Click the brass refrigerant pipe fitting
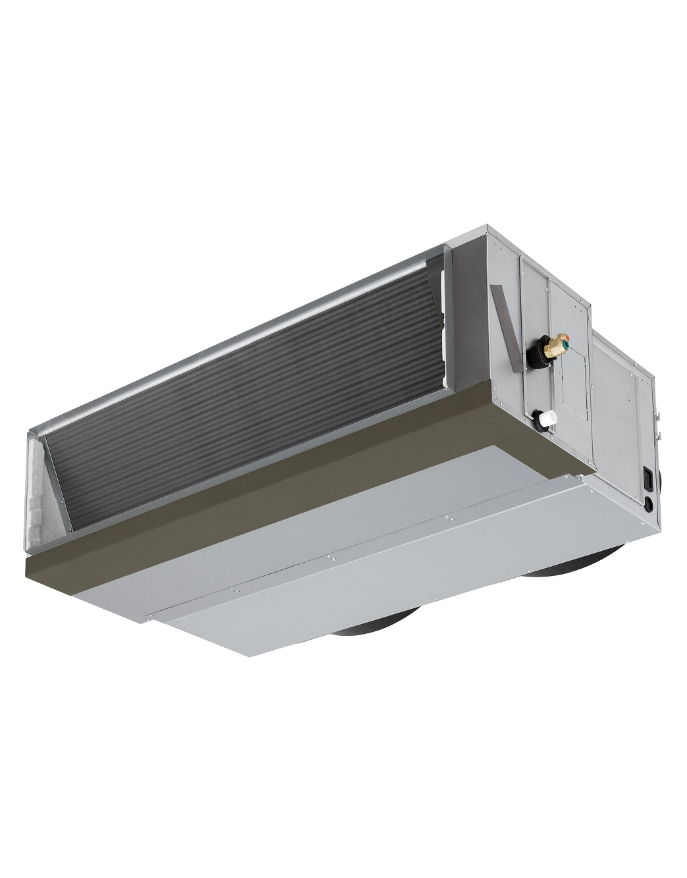pos(557,343)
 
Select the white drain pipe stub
pos(548,418)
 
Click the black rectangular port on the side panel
pos(648,478)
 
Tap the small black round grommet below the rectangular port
pos(649,504)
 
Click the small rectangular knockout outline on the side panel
pos(574,385)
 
